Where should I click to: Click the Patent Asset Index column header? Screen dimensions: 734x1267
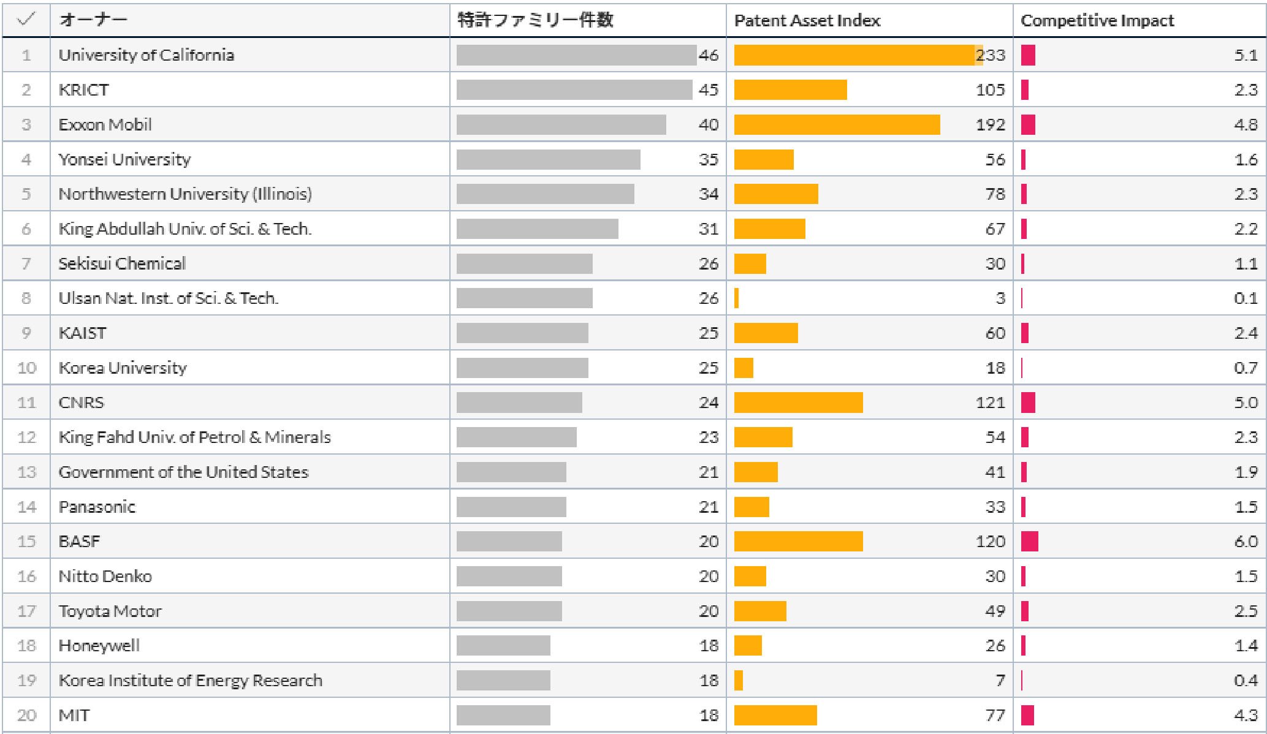click(807, 21)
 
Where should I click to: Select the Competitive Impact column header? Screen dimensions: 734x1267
click(1097, 21)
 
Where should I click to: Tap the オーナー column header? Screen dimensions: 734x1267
click(93, 20)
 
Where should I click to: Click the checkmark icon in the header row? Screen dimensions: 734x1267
click(26, 20)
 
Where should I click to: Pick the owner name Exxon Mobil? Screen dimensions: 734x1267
click(105, 125)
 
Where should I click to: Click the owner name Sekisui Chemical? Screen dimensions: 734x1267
click(122, 263)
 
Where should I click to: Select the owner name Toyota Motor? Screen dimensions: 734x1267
click(110, 611)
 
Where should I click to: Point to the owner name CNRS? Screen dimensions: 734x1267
click(82, 403)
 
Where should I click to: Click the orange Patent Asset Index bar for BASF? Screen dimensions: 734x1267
click(798, 542)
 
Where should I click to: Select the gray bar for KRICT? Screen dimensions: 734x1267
click(574, 90)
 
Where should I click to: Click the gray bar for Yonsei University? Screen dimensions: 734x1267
click(548, 159)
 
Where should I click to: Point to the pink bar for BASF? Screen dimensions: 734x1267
click(1030, 542)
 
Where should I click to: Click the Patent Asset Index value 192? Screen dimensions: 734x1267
click(991, 125)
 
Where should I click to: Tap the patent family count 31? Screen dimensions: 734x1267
click(709, 229)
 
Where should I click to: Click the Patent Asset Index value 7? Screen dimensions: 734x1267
click(1000, 680)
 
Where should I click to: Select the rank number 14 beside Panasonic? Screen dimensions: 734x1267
click(26, 507)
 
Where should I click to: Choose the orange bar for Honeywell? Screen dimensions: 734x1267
click(748, 646)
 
